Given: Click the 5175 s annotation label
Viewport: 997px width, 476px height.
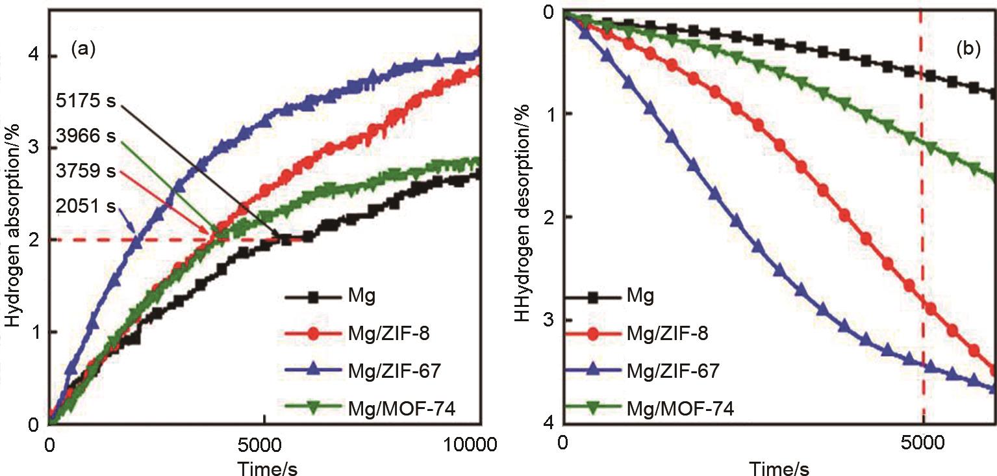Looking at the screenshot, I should pos(84,103).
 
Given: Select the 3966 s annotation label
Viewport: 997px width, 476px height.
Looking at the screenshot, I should pos(84,137).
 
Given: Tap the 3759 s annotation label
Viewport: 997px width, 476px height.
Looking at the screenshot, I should pos(84,172).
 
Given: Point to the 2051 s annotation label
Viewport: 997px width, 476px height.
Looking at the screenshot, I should pos(84,207).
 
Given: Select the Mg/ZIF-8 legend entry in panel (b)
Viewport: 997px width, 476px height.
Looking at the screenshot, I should pos(667,334).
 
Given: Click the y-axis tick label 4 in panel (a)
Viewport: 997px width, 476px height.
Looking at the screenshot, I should pos(34,56).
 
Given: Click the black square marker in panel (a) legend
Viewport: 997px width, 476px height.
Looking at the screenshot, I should pos(312,298).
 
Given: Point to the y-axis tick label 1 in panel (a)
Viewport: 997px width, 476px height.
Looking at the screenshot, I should pos(34,332).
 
